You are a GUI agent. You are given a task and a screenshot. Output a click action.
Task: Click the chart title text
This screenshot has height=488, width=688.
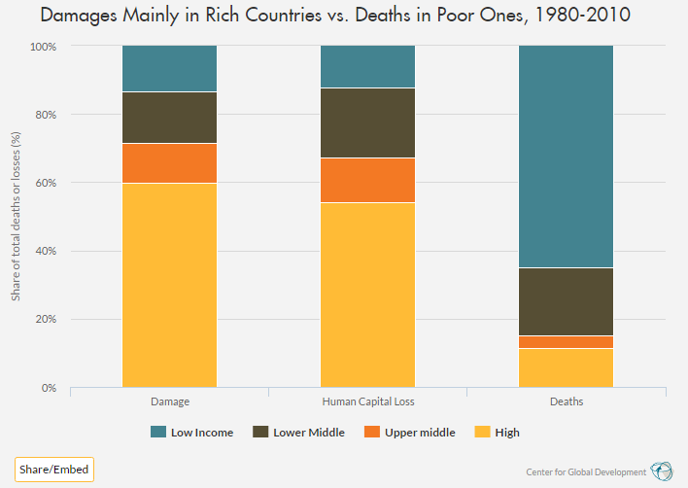coord(343,17)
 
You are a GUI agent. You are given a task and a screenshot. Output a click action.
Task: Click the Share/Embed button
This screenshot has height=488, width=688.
coord(53,470)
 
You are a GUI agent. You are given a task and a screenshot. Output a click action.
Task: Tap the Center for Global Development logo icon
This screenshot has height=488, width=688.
coord(662,471)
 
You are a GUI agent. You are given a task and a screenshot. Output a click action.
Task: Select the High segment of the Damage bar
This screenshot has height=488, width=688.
coord(169,285)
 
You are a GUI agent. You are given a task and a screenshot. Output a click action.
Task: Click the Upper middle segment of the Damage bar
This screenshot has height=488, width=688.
coord(169,163)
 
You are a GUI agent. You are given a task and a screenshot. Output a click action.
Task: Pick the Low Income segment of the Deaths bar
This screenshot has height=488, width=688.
coord(566,157)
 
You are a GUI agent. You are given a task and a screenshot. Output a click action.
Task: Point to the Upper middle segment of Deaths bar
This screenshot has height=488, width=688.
coord(566,341)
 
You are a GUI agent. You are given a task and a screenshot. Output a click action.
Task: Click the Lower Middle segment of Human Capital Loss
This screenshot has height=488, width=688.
coord(367,122)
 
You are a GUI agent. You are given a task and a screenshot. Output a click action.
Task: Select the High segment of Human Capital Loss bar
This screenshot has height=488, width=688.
coord(367,295)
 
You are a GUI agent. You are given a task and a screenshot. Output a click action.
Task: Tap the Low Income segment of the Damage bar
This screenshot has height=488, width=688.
coord(169,68)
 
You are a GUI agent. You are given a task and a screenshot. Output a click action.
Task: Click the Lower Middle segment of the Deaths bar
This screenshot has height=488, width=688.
coord(566,301)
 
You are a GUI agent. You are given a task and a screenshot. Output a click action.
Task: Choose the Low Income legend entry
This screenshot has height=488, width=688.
coord(191,432)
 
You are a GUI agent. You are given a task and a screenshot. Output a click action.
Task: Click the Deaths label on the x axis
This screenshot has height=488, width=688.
coord(566,401)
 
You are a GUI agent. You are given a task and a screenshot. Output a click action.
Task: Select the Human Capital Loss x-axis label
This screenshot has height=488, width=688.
coord(367,401)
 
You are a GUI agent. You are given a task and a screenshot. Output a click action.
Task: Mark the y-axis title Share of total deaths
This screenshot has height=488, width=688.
coord(16,216)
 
